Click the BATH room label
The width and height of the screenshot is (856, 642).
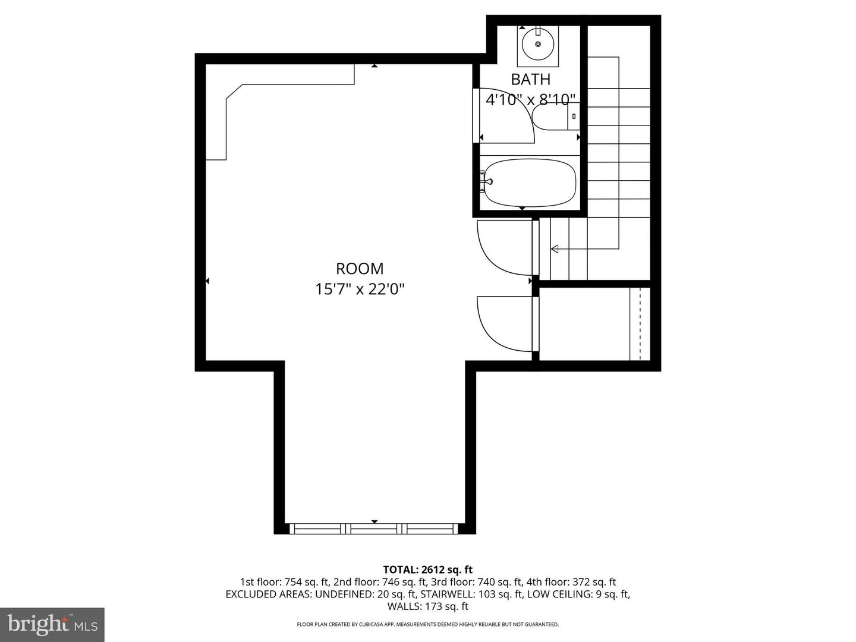[530, 79]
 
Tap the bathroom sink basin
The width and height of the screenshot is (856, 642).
[538, 44]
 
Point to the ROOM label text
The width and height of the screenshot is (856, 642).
[360, 268]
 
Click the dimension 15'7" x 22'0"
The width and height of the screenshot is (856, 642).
[360, 289]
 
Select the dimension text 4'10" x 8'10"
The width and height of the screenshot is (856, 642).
[530, 99]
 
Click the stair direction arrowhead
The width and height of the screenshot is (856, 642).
[555, 248]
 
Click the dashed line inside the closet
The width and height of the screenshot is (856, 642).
[640, 324]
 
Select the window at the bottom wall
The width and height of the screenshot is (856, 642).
[374, 528]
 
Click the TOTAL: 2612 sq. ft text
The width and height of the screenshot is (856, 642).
[427, 569]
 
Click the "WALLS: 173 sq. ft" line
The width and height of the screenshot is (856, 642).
[427, 606]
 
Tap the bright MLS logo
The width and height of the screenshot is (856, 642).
[52, 624]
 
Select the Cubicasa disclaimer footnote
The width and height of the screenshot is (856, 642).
[427, 624]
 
